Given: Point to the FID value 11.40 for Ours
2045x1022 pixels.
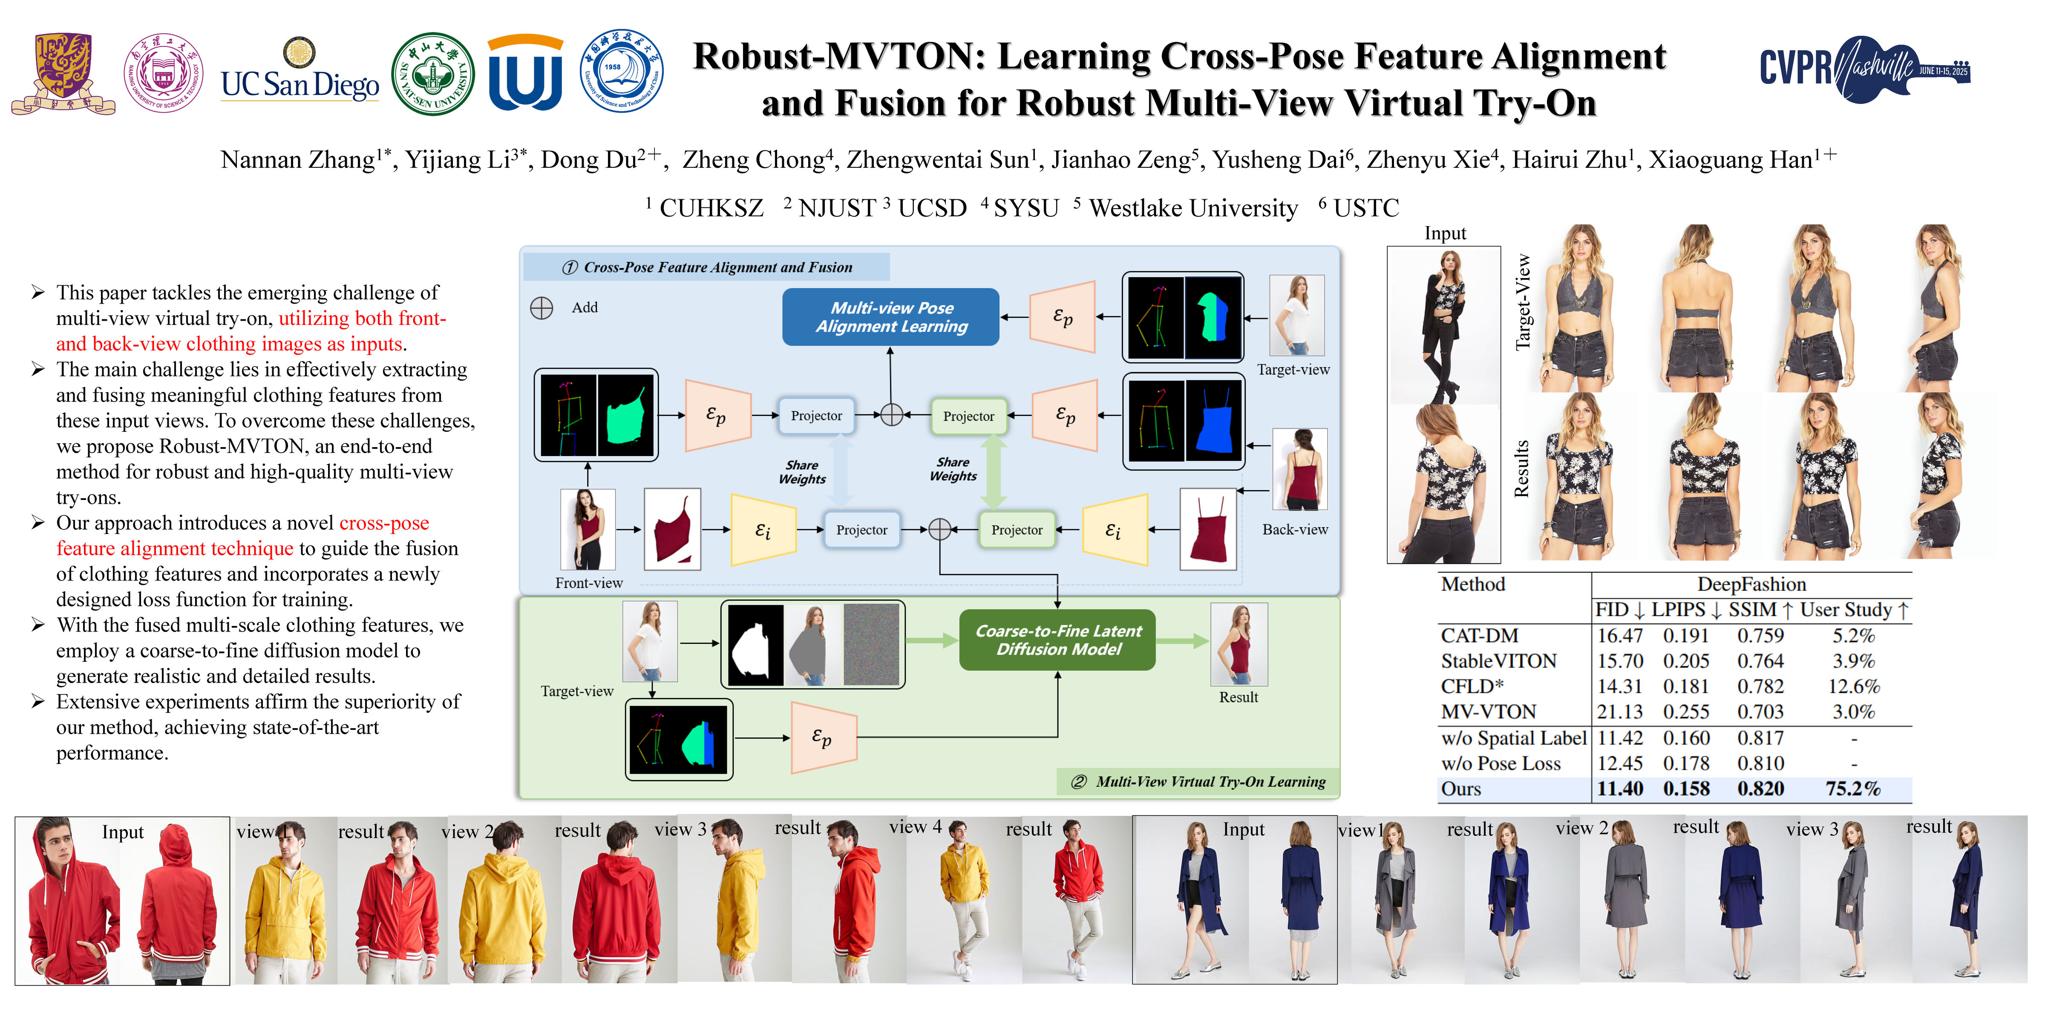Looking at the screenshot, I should (1619, 789).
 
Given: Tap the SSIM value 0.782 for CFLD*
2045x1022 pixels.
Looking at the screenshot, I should (1760, 686).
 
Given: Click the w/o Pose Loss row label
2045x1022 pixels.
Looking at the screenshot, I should (1501, 764).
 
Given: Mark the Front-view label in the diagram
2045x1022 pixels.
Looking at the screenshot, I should (588, 583).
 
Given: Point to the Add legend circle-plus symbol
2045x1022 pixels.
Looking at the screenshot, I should (541, 308).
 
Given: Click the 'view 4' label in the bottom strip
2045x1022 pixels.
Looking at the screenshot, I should (915, 827).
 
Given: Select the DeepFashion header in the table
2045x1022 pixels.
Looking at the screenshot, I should (1751, 585).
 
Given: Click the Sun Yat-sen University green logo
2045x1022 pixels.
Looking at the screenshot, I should (433, 74).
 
